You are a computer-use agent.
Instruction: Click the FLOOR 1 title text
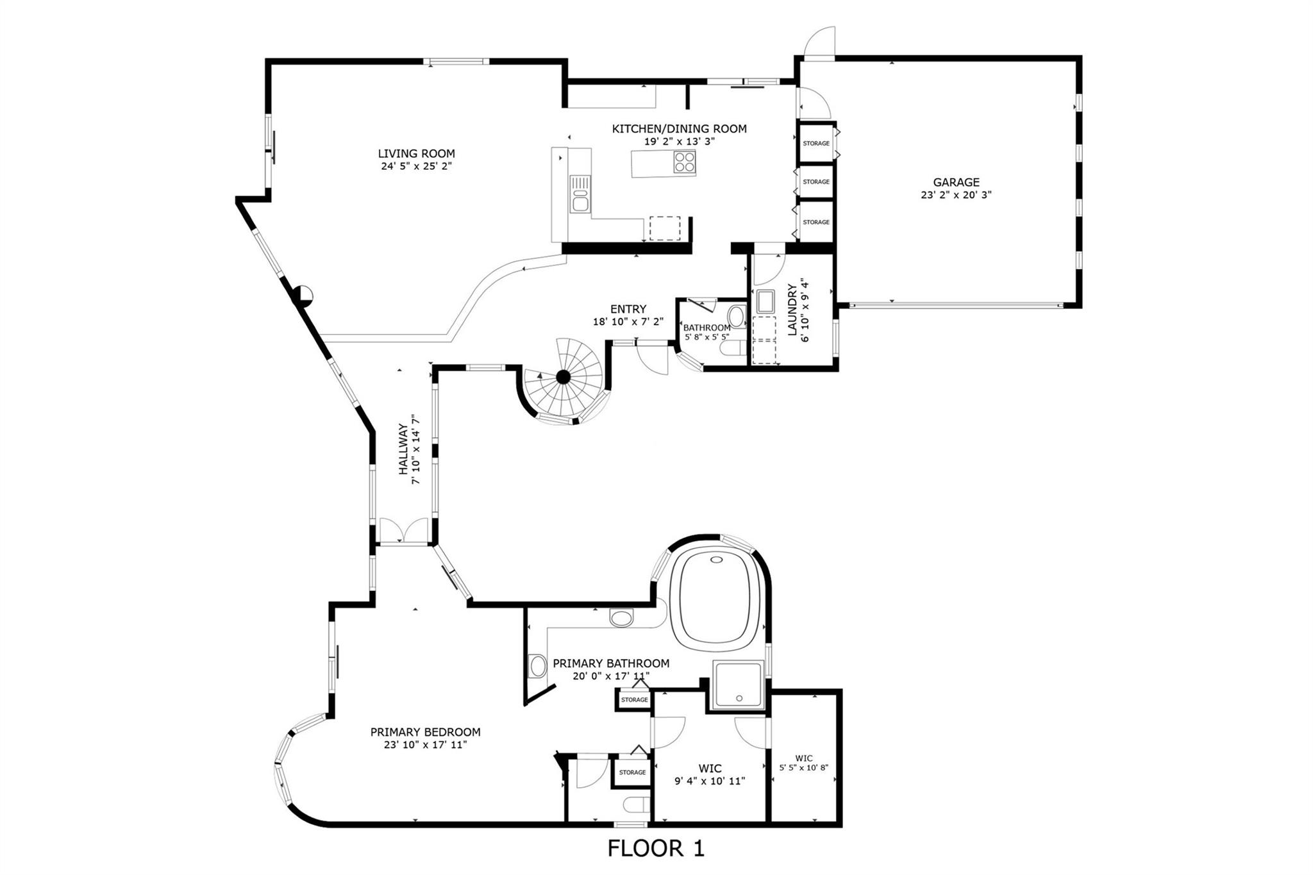[x=656, y=849]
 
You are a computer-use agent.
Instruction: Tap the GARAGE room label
[x=956, y=183]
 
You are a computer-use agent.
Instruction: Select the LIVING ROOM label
[x=416, y=154]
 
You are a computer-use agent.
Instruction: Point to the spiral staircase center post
[x=563, y=377]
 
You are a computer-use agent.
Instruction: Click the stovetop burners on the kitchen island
[x=684, y=162]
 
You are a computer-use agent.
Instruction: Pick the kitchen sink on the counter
[x=580, y=199]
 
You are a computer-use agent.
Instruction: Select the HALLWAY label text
[x=403, y=449]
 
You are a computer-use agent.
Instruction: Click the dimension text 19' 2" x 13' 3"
[x=680, y=142]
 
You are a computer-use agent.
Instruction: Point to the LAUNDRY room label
[x=792, y=310]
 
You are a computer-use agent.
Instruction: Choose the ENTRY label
[x=628, y=309]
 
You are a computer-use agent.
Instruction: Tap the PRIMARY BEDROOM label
[x=425, y=732]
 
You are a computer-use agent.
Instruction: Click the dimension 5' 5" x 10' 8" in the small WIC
[x=804, y=767]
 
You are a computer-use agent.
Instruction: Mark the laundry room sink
[x=765, y=301]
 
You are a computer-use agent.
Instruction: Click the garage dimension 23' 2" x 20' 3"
[x=956, y=195]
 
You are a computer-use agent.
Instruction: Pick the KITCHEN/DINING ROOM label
[x=680, y=129]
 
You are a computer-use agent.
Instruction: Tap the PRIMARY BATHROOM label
[x=611, y=663]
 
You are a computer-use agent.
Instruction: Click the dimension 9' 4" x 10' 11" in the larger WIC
[x=710, y=781]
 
